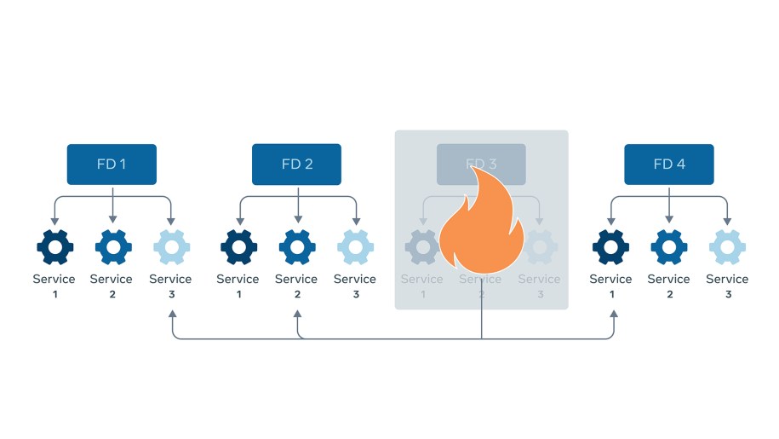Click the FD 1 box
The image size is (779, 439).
tap(112, 165)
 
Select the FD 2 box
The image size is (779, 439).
tap(296, 165)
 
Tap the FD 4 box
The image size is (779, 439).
tap(668, 165)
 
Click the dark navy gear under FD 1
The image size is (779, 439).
tap(54, 247)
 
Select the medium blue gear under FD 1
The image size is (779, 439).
tap(112, 247)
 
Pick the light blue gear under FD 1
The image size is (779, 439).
tap(171, 247)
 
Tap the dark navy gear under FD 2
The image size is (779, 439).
tap(238, 247)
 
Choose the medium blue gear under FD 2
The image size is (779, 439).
tap(297, 247)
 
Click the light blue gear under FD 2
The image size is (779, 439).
tap(355, 247)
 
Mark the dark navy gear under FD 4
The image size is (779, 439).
tap(610, 247)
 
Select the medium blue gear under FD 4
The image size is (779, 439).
tap(669, 247)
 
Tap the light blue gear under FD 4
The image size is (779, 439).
tap(727, 247)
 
